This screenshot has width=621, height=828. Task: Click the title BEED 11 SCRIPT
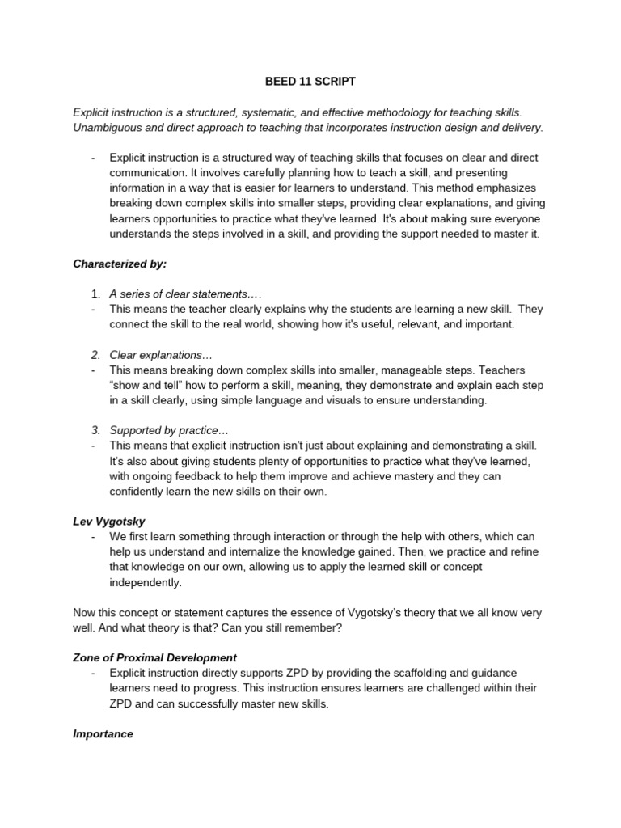pos(310,82)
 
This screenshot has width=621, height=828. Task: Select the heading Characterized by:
pos(120,264)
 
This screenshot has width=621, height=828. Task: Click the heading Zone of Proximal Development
pos(154,658)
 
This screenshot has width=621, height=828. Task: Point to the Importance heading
pos(103,734)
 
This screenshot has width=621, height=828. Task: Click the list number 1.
pos(95,294)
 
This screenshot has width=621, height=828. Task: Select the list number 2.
pos(95,355)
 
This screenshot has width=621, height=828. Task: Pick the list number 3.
pos(95,430)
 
